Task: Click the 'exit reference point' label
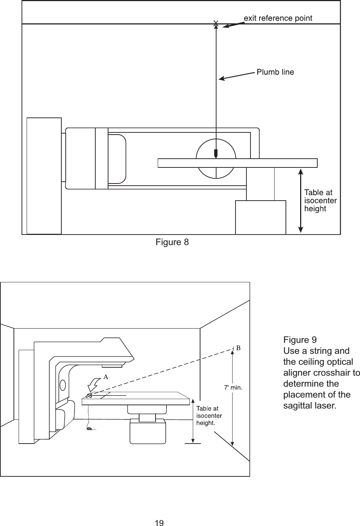click(x=278, y=18)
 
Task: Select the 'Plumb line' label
click(x=275, y=72)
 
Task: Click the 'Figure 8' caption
click(x=172, y=242)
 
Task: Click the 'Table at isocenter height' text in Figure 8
click(x=320, y=200)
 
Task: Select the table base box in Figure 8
click(x=260, y=217)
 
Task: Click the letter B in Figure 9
click(x=238, y=348)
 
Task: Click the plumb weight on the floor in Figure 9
click(x=89, y=429)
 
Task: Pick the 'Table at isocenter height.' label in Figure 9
click(x=209, y=416)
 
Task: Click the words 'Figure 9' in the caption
click(x=300, y=340)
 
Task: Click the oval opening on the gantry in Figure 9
click(x=63, y=384)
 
